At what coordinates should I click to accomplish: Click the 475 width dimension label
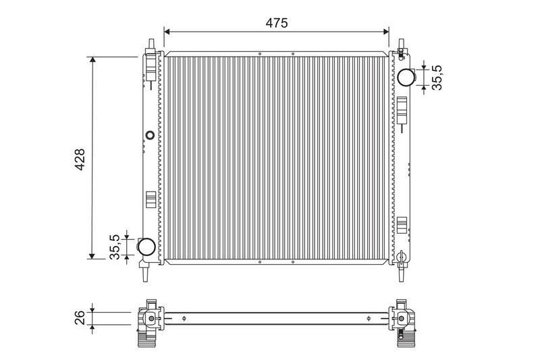(x=277, y=23)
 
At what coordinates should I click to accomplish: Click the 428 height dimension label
(x=80, y=159)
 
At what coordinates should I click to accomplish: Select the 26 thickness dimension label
(x=80, y=317)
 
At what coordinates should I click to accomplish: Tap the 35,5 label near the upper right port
(x=437, y=78)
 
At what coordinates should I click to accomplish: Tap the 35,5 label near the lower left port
(x=114, y=247)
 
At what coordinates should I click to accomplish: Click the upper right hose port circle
(x=406, y=77)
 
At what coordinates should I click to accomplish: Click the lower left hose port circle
(x=146, y=247)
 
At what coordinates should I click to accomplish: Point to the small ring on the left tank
(x=150, y=135)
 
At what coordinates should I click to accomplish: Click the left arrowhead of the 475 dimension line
(x=167, y=32)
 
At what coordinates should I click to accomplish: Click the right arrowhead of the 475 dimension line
(x=385, y=32)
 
